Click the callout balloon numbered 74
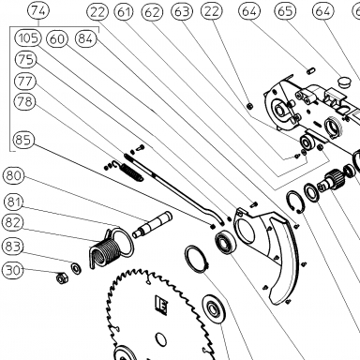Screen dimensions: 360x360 click(x=38, y=11)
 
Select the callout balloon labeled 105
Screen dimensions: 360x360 click(x=28, y=37)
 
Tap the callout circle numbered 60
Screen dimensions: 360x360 click(x=57, y=39)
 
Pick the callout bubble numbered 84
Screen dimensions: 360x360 click(x=86, y=38)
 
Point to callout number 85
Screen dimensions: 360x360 click(x=23, y=140)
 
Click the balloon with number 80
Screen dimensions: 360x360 click(x=13, y=175)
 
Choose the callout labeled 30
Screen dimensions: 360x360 click(x=13, y=270)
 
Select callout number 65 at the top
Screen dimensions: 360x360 click(x=285, y=11)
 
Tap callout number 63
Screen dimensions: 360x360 click(x=182, y=11)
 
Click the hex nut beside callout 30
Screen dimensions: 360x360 click(x=61, y=277)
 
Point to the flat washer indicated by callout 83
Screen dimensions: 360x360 click(x=76, y=268)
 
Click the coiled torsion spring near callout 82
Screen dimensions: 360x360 click(x=106, y=250)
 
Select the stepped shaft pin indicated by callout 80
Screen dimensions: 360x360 click(x=152, y=224)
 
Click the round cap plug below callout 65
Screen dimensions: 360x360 click(x=345, y=82)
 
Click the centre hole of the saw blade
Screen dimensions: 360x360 click(x=160, y=340)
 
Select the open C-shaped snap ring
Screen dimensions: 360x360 click(x=294, y=202)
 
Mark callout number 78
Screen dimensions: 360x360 click(x=25, y=101)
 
